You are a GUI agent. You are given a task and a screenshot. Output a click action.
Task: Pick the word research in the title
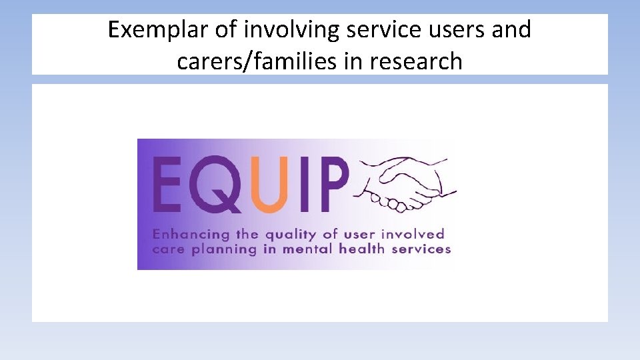(417, 61)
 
